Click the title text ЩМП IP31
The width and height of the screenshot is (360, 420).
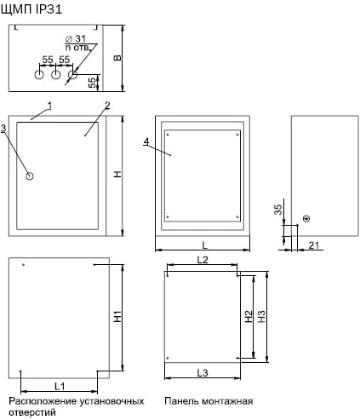31,10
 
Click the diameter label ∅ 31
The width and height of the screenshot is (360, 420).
76,39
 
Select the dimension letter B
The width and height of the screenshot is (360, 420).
117,58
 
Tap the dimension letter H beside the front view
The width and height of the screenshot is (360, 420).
117,174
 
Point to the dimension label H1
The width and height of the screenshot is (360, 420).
117,317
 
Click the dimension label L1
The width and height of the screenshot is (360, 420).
60,386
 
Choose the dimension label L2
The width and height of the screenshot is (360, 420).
203,260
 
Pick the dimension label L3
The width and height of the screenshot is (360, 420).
203,373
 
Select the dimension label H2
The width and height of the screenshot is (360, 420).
249,316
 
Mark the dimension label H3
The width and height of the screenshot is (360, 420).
261,316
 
